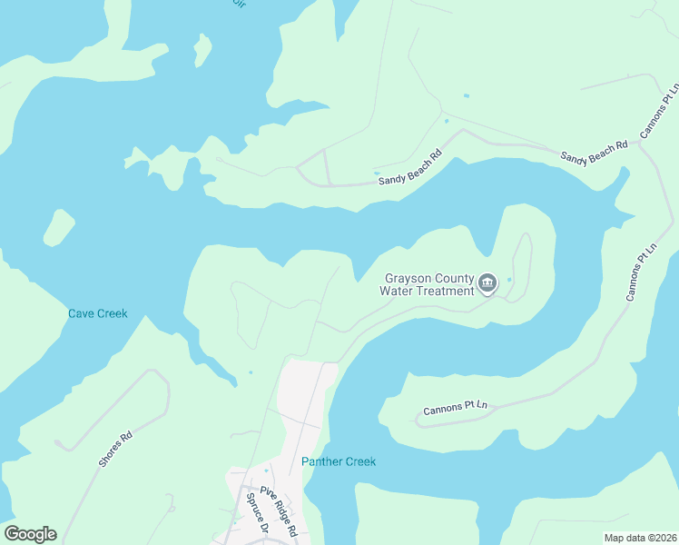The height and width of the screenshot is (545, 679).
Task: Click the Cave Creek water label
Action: (98, 314)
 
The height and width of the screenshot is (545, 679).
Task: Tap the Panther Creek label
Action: (339, 461)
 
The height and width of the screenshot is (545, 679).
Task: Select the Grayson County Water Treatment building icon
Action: (487, 284)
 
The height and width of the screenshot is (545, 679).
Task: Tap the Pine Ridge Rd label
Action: (280, 511)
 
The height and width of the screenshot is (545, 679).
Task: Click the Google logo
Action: (30, 534)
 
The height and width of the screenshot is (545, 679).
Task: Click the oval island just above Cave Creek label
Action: (58, 228)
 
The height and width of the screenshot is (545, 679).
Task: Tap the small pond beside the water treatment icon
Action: (509, 279)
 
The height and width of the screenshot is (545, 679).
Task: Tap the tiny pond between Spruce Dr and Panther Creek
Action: (265, 471)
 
